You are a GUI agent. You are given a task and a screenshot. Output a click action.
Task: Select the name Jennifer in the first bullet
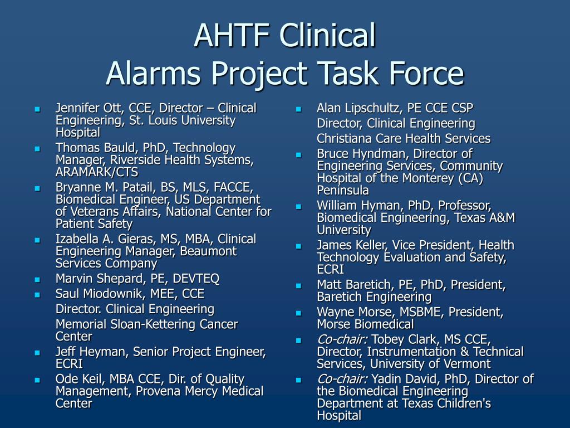tap(75, 108)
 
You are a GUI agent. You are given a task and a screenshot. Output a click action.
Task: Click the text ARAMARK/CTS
tap(97, 172)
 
